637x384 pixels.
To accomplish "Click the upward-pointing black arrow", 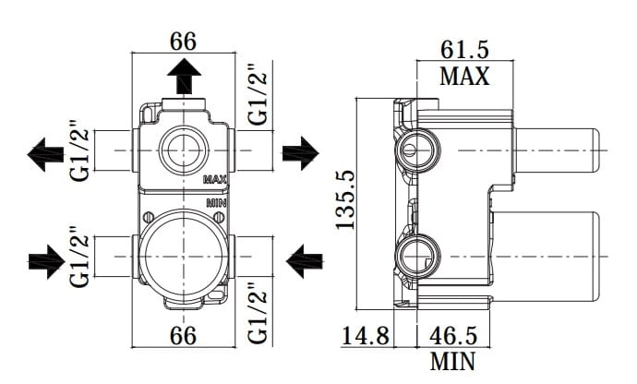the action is tap(184, 76).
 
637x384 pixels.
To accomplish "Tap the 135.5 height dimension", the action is tap(345, 200).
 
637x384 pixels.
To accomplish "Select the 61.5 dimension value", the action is tap(464, 50).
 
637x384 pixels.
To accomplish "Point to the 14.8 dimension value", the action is tap(366, 336).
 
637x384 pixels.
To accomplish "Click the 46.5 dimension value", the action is tap(453, 336).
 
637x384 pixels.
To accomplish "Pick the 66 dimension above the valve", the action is tap(183, 41).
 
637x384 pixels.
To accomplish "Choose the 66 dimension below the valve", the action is tap(183, 336).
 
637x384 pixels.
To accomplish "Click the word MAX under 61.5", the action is tap(464, 76).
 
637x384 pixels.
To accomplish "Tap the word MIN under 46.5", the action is tap(452, 361).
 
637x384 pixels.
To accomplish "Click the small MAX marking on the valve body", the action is tap(214, 179).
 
